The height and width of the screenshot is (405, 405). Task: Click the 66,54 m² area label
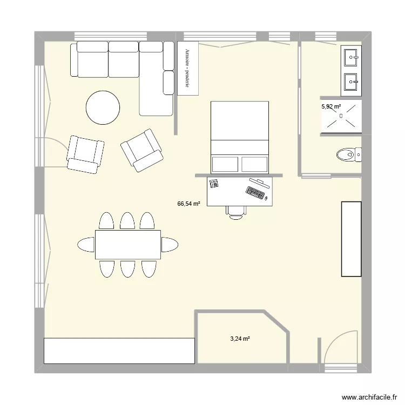(189, 204)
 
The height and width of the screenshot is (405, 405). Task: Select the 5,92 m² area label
(331, 107)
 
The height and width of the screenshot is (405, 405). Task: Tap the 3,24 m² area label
(240, 339)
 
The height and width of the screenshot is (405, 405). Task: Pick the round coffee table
(103, 107)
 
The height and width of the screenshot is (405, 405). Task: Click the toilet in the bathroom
(348, 156)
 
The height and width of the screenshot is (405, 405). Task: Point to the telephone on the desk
(214, 184)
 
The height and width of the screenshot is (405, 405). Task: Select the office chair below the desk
(235, 212)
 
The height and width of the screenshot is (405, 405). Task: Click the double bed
(239, 136)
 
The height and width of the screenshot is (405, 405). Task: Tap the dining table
(128, 245)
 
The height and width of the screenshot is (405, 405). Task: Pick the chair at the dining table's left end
(86, 245)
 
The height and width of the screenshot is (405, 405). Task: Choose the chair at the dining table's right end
(170, 245)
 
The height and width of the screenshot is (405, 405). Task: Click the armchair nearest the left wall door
(85, 154)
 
